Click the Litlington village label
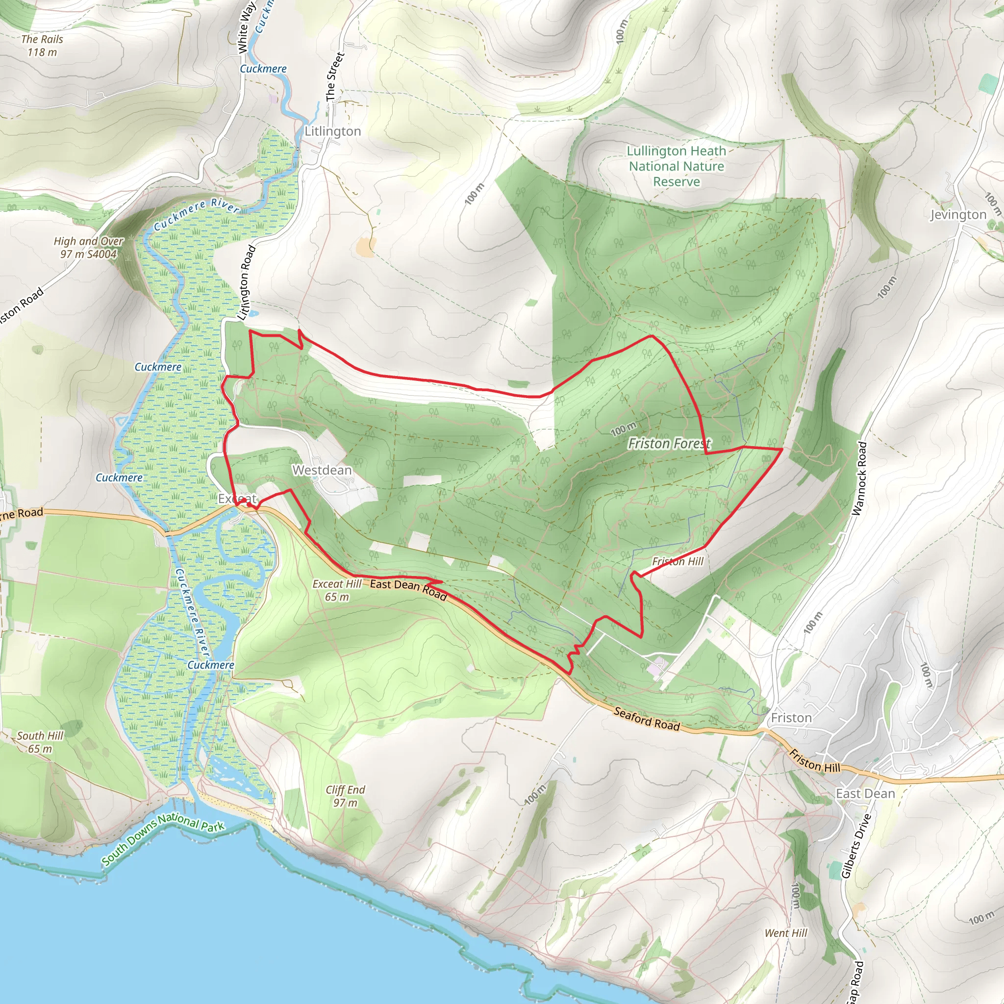pyautogui.click(x=332, y=131)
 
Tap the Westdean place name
pyautogui.click(x=322, y=470)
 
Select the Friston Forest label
pyautogui.click(x=669, y=443)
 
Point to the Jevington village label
pyautogui.click(x=958, y=215)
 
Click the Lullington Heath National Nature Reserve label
pyautogui.click(x=676, y=166)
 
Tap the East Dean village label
pyautogui.click(x=865, y=794)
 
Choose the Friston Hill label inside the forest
pyautogui.click(x=678, y=561)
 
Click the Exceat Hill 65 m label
pyautogui.click(x=337, y=590)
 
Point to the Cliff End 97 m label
pyautogui.click(x=345, y=796)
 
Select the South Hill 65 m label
pyautogui.click(x=40, y=742)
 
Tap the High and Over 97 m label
pyautogui.click(x=88, y=248)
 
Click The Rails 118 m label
pyautogui.click(x=42, y=46)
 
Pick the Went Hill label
pyautogui.click(x=786, y=933)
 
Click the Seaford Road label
pyautogui.click(x=647, y=719)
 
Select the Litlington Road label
pyautogui.click(x=246, y=282)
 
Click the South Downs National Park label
pyautogui.click(x=163, y=839)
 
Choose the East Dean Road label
pyautogui.click(x=408, y=589)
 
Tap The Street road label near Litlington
pyautogui.click(x=334, y=76)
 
